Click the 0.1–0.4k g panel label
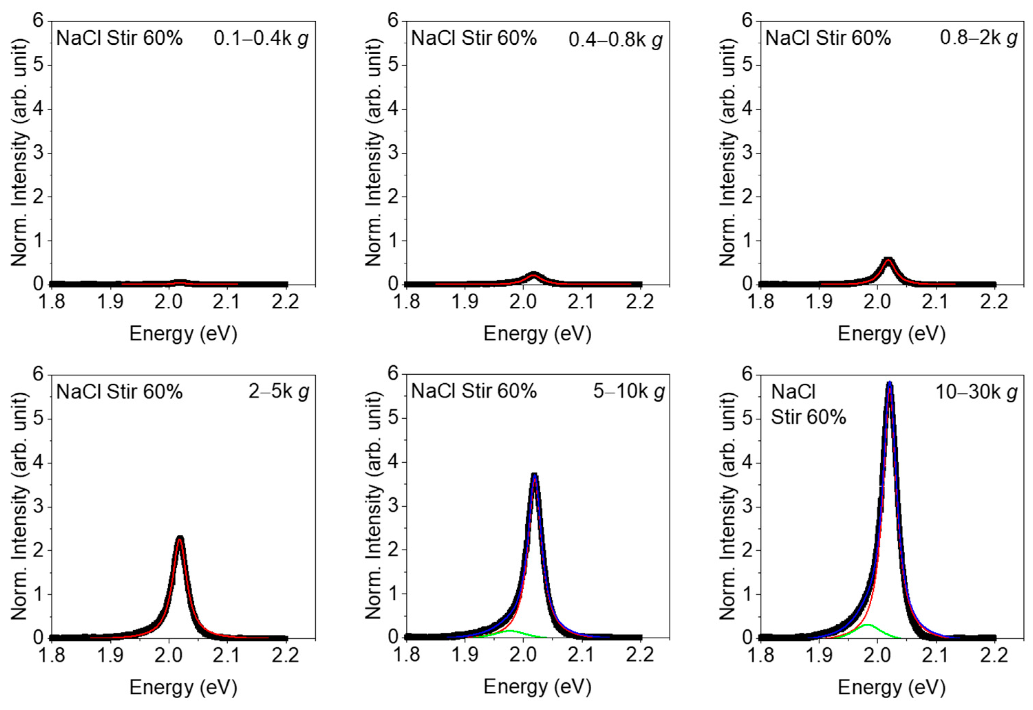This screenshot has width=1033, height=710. [x=261, y=39]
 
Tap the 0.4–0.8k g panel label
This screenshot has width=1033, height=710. [x=615, y=40]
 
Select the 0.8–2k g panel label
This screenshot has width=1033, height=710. [x=978, y=38]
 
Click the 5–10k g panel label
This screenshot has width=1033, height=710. [x=628, y=392]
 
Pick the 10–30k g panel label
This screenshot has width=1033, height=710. [x=976, y=392]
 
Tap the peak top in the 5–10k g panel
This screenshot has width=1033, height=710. [x=535, y=475]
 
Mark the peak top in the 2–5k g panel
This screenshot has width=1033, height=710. [x=180, y=538]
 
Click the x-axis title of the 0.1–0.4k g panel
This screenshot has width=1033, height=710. [x=183, y=334]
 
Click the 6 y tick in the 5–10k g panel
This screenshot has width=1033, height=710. [x=394, y=374]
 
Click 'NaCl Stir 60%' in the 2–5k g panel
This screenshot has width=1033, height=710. [x=119, y=392]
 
